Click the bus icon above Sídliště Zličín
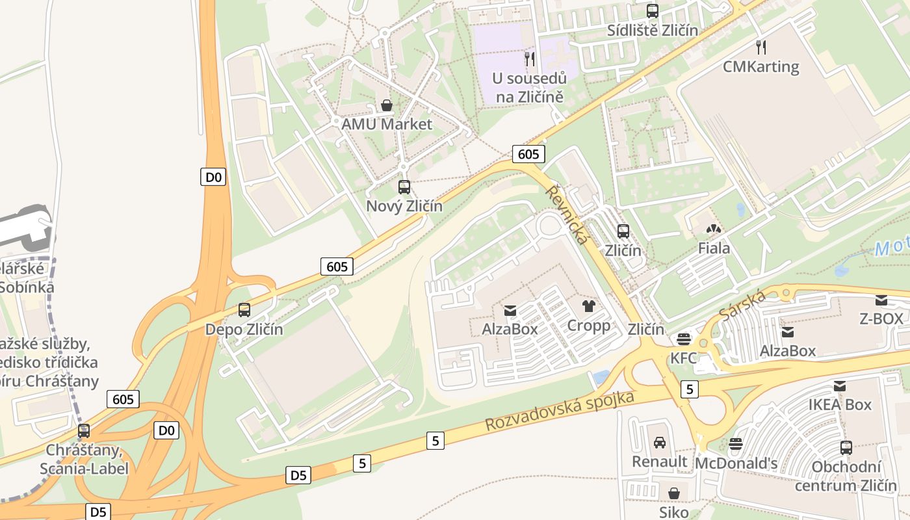tap(653, 11)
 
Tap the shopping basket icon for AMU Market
tap(387, 105)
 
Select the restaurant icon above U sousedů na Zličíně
tap(530, 59)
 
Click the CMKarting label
tap(760, 66)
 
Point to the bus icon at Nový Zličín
tap(404, 187)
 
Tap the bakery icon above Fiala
tap(714, 229)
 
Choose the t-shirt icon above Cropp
tap(589, 306)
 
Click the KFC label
tap(684, 357)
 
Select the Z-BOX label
tap(881, 318)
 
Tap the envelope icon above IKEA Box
tap(840, 385)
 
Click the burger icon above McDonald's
tap(736, 444)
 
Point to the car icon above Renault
tap(660, 443)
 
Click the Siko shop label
tap(674, 512)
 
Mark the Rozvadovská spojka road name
tap(559, 411)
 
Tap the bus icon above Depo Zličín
tap(244, 310)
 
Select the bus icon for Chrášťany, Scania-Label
tap(84, 431)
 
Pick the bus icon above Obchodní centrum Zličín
tap(846, 448)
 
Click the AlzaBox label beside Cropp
tap(510, 329)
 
